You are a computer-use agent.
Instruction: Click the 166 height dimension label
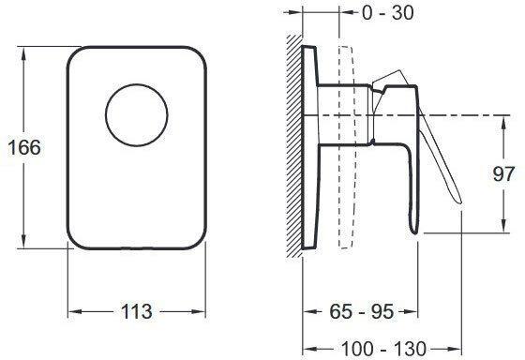(x=24, y=147)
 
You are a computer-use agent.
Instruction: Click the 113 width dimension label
(x=136, y=312)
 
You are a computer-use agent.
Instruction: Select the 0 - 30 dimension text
(x=388, y=13)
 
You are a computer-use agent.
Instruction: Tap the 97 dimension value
(x=502, y=174)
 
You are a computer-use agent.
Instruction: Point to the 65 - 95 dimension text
(x=361, y=312)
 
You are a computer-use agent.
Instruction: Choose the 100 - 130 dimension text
(x=383, y=349)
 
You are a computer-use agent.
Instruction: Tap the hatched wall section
(x=294, y=145)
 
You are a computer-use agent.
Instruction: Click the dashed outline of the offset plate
(x=346, y=147)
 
